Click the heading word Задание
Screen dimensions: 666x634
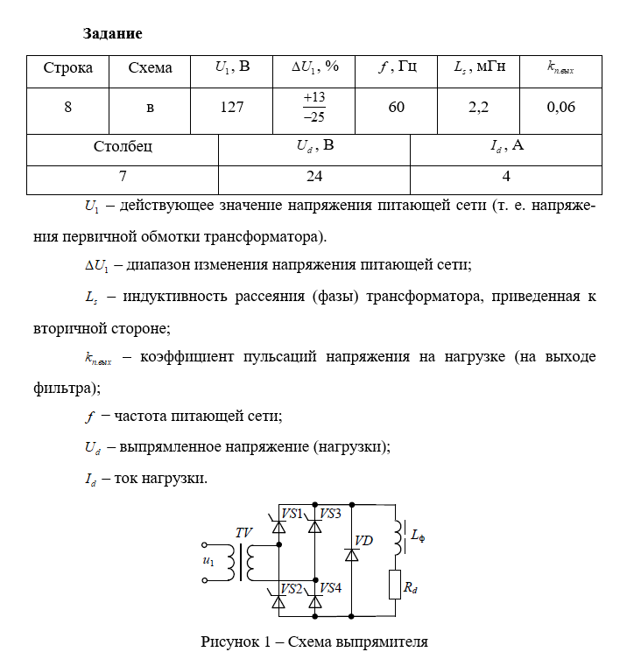pyautogui.click(x=112, y=34)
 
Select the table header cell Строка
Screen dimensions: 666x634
pyautogui.click(x=67, y=67)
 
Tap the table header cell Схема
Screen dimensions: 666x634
pyautogui.click(x=150, y=67)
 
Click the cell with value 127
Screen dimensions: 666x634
pyautogui.click(x=231, y=107)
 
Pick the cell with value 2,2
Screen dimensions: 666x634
pyautogui.click(x=478, y=107)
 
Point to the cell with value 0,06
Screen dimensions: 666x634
pyautogui.click(x=560, y=107)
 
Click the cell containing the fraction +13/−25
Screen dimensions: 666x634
pyautogui.click(x=313, y=107)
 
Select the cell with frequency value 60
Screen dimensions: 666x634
pyautogui.click(x=396, y=107)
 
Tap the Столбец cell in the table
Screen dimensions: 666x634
pyautogui.click(x=123, y=146)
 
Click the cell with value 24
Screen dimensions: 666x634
pyautogui.click(x=314, y=176)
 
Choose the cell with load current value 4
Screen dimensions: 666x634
pyautogui.click(x=506, y=176)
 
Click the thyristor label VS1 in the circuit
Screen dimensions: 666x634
pyautogui.click(x=291, y=513)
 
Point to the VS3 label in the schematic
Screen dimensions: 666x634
pyautogui.click(x=330, y=513)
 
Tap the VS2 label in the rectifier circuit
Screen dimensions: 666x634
pyautogui.click(x=291, y=587)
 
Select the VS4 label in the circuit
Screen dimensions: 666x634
pyautogui.click(x=330, y=587)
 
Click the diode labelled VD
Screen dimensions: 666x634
pyautogui.click(x=352, y=554)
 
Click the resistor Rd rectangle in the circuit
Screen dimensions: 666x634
pyautogui.click(x=393, y=585)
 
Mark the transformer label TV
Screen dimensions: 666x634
pyautogui.click(x=243, y=532)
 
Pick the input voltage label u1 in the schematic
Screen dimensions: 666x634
pyautogui.click(x=208, y=560)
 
